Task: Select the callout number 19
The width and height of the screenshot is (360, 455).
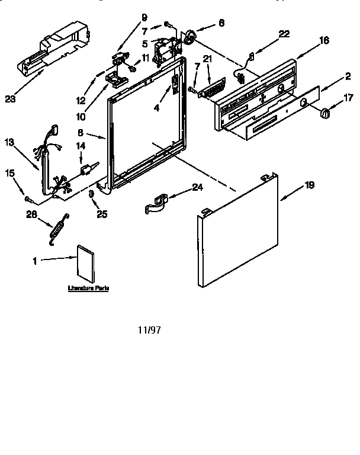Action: [x=308, y=186]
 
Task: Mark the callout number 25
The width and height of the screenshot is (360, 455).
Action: [x=102, y=214]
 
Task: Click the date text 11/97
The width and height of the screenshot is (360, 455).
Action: [x=149, y=329]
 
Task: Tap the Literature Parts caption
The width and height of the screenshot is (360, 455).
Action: [x=89, y=288]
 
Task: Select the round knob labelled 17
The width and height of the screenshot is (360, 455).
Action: [x=324, y=113]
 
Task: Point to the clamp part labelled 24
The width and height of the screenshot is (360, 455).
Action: [x=157, y=203]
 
